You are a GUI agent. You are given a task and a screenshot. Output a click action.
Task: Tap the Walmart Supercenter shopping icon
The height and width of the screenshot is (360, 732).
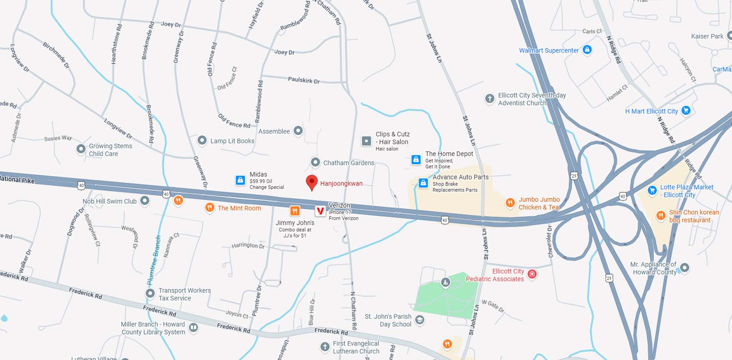(587, 50)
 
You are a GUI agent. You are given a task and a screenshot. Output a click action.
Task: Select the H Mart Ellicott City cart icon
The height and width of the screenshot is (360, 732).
(685, 111)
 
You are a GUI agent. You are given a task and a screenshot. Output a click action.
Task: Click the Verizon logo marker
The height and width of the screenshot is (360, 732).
(320, 211)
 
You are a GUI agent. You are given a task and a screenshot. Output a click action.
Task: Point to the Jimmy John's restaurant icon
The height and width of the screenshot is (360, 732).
(295, 211)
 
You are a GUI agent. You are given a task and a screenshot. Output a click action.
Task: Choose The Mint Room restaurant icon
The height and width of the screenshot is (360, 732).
(210, 207)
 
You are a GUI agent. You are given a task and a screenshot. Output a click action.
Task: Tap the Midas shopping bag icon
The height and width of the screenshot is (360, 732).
(240, 180)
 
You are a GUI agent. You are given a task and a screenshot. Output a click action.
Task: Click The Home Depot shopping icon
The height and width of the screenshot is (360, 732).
(416, 160)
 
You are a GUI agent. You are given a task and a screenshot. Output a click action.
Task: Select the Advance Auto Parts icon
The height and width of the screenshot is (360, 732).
(423, 183)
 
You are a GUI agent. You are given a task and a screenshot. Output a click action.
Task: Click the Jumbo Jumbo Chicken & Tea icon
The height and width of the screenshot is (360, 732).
(510, 203)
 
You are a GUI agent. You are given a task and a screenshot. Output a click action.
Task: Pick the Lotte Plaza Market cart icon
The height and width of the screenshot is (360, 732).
(652, 190)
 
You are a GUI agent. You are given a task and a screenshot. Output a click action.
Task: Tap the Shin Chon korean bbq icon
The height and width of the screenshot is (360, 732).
(661, 215)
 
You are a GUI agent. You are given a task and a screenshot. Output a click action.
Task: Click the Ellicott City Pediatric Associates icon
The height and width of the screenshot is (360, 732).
(532, 274)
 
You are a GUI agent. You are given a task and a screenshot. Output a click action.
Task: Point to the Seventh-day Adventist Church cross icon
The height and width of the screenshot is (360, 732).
(489, 99)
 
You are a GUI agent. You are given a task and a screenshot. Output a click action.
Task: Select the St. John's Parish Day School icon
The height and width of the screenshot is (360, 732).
(419, 320)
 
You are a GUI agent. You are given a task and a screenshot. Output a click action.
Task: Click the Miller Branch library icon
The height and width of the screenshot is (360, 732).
(194, 328)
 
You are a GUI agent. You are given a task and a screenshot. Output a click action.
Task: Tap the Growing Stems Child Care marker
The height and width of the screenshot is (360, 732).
(81, 149)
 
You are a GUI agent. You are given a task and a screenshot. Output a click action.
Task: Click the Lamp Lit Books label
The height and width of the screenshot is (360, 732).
(232, 141)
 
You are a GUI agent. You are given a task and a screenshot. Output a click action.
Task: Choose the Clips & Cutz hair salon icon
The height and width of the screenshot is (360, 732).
(366, 141)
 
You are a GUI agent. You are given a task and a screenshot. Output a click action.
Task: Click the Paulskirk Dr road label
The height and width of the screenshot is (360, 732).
(304, 80)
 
